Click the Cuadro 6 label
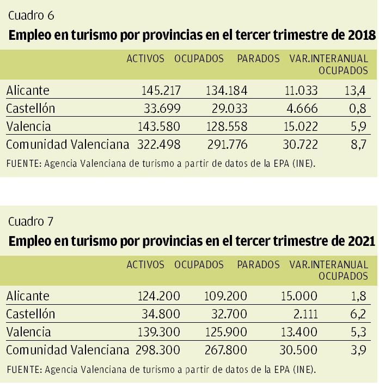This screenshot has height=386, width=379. tap(31, 15)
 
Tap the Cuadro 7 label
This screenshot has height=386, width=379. tap(31, 221)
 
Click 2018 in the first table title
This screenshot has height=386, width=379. tap(361, 36)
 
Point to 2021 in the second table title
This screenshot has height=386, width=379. tap(360, 241)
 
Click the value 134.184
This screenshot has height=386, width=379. tap(226, 91)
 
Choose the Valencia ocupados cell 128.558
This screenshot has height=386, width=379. tap(226, 126)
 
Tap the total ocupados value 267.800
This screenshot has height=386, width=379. tap(226, 350)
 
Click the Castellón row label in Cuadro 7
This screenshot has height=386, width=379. tap(30, 314)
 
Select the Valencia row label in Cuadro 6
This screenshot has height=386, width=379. tap(28, 126)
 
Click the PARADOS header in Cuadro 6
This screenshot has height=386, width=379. tap(258, 59)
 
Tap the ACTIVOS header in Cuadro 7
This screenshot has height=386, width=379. tap(145, 264)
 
